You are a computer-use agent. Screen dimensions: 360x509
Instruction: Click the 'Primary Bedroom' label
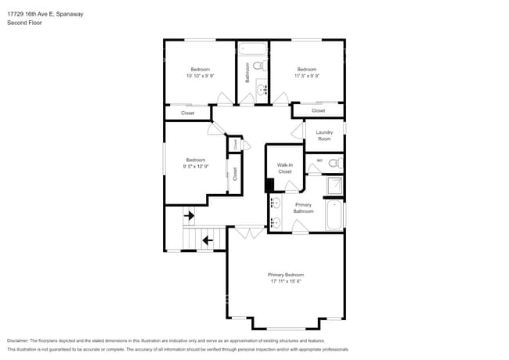point(285,275)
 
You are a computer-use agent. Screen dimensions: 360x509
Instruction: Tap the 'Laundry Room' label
point(324,135)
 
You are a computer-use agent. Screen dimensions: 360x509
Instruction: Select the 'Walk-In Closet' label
point(285,167)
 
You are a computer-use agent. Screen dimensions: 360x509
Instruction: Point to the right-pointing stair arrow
point(189,214)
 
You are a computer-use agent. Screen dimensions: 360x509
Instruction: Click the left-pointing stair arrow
point(208,239)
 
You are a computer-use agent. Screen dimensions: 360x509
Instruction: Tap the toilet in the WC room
point(334,163)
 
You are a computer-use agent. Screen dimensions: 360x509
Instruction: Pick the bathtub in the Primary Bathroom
point(334,215)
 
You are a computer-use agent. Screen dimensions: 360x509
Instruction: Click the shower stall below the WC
point(334,185)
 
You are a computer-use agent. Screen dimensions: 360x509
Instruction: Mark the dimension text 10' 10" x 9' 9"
point(200,76)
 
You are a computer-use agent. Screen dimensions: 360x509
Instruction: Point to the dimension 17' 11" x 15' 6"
point(285,282)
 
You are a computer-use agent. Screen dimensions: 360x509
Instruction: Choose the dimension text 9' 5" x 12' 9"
point(195,167)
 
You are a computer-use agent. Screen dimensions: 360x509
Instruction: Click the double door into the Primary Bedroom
point(250,232)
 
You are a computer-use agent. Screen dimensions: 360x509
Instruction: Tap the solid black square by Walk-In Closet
point(269,185)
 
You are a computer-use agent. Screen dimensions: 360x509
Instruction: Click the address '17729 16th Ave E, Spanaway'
point(45,13)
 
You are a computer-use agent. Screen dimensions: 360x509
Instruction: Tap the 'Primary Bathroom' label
point(303,208)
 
